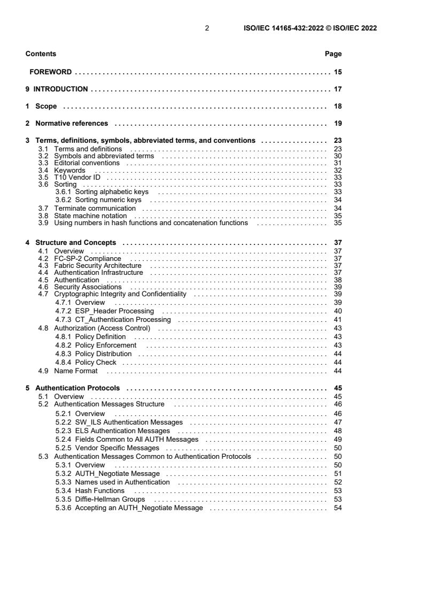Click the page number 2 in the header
coord(207,28)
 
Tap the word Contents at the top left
coord(41,54)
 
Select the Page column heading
coord(333,54)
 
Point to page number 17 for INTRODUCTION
coord(338,89)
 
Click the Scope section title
coord(46,106)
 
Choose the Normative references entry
coord(71,124)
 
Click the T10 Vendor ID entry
coord(77,177)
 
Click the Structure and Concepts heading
coord(75,243)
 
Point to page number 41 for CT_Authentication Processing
coord(338,319)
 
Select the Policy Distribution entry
coord(103,353)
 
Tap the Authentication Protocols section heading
coord(77,388)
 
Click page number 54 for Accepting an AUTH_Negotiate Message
coord(338,507)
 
